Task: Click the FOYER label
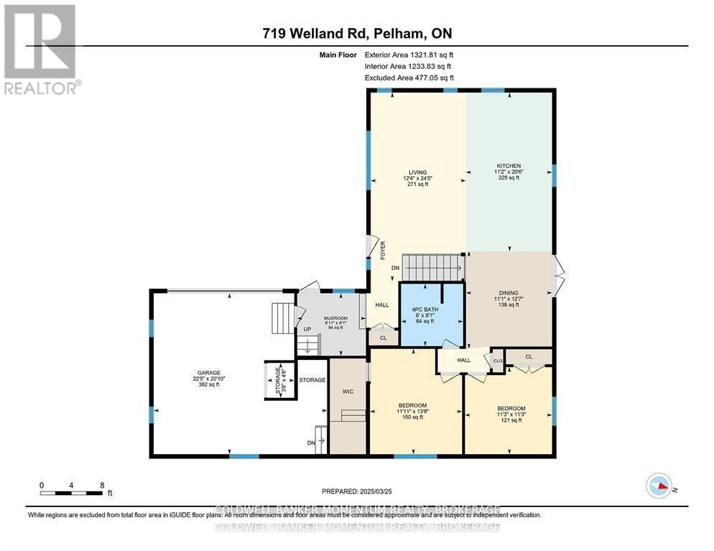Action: (x=383, y=249)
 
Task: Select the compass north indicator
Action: (x=659, y=486)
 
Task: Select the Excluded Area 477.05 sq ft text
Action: (x=409, y=78)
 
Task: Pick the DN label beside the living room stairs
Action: (x=395, y=268)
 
